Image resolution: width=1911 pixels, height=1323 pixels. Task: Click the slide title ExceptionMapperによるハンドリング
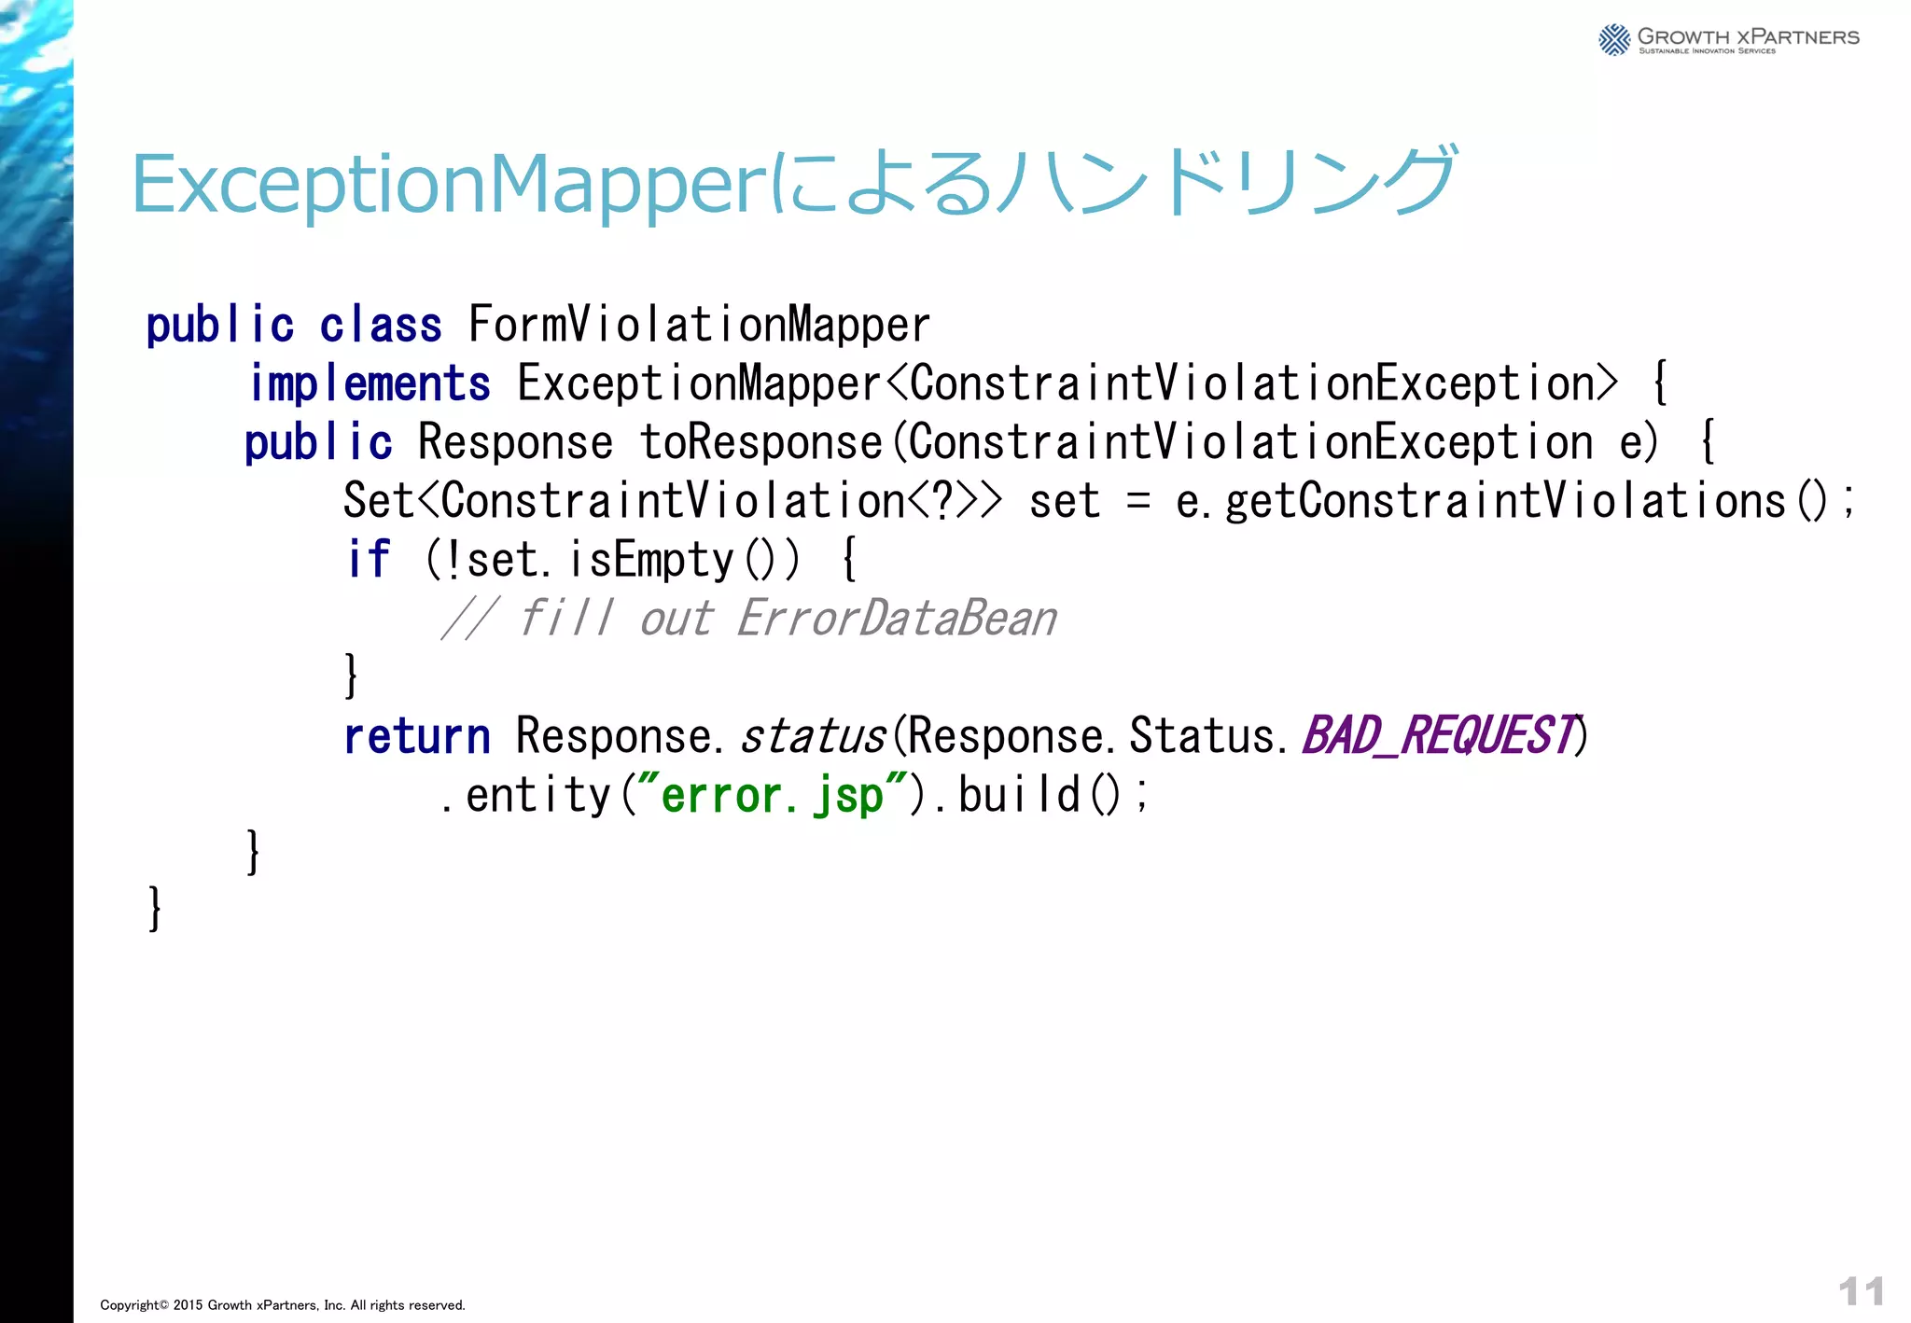793,183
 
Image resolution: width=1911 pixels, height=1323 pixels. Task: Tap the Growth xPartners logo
1728,39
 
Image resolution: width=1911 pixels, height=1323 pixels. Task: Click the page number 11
1861,1292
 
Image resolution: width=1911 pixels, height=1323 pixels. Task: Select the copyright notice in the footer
282,1305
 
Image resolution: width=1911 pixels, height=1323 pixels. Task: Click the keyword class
381,325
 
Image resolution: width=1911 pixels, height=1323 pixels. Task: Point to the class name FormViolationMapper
699,325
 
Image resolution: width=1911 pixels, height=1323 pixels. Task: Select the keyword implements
370,383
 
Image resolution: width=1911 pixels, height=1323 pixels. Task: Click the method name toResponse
760,442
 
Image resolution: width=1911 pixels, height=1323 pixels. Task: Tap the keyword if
368,560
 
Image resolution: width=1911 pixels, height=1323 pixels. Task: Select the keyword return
416,736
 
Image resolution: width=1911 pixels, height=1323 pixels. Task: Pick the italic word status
812,736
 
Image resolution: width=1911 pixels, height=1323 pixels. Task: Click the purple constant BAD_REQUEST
1438,736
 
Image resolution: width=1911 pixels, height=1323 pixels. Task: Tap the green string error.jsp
771,795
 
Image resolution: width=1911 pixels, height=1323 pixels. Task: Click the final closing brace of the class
155,909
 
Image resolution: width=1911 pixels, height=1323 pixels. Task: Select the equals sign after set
1137,502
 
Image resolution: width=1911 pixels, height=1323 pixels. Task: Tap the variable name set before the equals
1065,502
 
